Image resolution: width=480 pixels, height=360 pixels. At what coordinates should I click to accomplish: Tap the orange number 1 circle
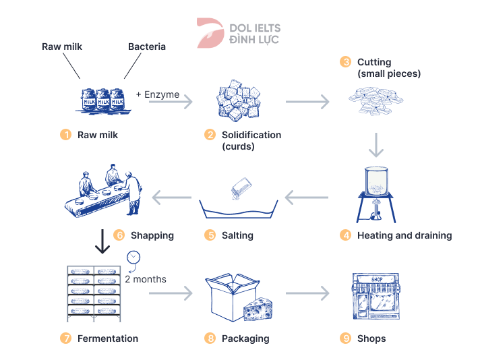tap(65, 135)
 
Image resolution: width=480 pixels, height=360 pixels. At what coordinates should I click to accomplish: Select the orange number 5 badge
tap(210, 235)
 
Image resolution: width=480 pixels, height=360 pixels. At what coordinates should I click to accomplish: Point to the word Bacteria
tap(147, 47)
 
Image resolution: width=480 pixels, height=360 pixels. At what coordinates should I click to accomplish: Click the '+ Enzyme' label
tap(158, 94)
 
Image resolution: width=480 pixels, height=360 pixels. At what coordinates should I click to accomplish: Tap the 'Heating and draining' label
tap(404, 235)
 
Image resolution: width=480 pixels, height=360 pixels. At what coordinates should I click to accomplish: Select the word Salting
tap(237, 235)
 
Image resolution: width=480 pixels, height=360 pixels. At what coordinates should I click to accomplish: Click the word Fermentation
tap(108, 338)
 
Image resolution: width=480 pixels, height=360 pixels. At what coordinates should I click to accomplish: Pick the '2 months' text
tap(146, 278)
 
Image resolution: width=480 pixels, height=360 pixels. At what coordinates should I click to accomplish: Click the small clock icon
tap(133, 257)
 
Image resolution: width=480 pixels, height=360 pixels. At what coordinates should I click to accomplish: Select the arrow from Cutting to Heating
tap(376, 144)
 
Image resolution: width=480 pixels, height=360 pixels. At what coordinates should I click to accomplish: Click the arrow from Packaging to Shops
tap(307, 293)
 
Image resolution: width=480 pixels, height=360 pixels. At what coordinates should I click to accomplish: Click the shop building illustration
tap(375, 296)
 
